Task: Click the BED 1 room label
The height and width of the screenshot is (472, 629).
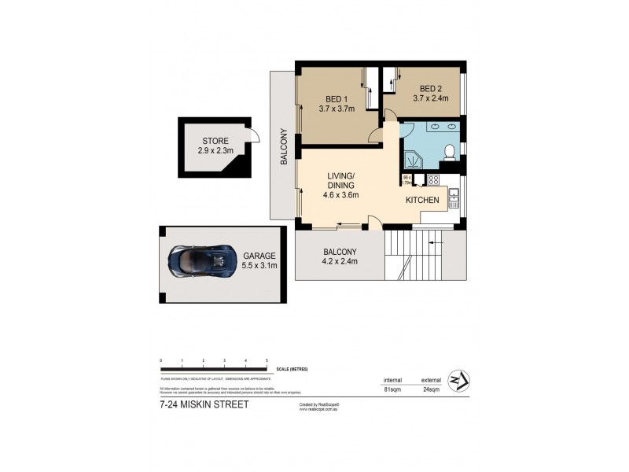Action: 337,99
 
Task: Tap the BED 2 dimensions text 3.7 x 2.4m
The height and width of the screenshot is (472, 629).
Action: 433,99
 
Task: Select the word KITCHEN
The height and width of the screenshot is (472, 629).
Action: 422,201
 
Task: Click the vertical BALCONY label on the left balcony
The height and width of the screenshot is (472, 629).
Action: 284,146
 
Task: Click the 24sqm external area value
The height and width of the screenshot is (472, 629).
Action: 429,387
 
